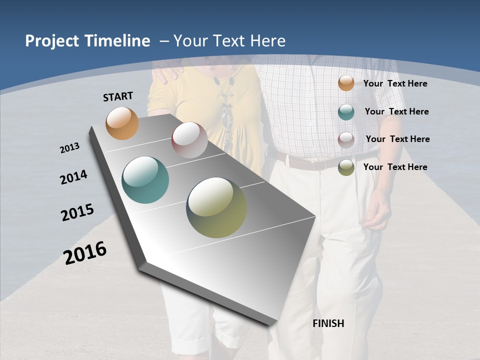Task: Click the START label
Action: pos(118,96)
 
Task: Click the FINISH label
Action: pos(328,323)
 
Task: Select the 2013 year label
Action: pos(69,147)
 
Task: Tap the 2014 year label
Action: pos(73,177)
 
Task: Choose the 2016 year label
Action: pos(85,252)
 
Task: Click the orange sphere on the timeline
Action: pos(122,123)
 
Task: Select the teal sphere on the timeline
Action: pos(145,180)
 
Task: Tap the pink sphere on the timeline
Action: pos(189,139)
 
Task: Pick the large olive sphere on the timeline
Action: pos(216,207)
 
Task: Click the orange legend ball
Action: pos(346,83)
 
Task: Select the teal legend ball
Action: pos(346,112)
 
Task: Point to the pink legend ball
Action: pos(346,139)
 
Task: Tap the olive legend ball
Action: pos(346,167)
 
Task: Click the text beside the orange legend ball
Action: pos(395,83)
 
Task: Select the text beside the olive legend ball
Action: pos(395,167)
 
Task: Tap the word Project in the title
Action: pos(49,41)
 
